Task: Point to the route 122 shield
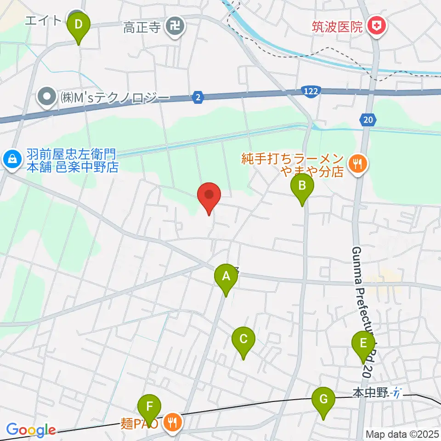(x=311, y=92)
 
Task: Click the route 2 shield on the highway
(x=198, y=97)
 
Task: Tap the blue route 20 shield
(x=367, y=120)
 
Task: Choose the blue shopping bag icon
(x=10, y=160)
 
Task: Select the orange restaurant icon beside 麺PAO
(x=173, y=421)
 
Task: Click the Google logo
(x=31, y=430)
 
